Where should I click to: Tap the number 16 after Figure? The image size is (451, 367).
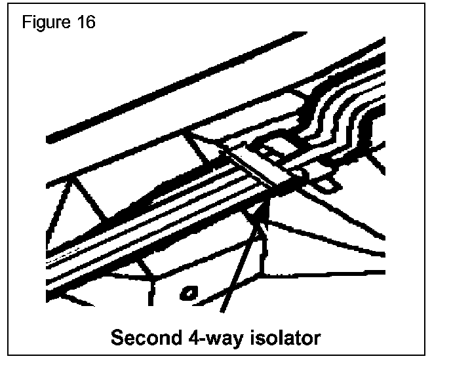86,23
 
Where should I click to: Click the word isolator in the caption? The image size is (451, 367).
281,339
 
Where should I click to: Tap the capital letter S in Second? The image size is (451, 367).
117,339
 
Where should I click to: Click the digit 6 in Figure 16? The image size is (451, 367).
90,23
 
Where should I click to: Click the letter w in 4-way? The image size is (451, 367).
208,341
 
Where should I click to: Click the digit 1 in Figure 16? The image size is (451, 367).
81,23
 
